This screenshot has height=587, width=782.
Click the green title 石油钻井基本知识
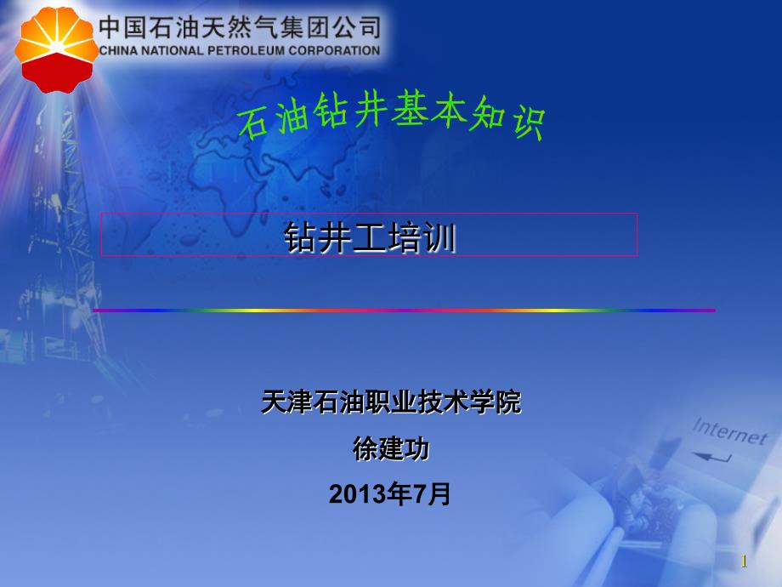point(389,119)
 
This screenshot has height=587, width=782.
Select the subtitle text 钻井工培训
point(370,238)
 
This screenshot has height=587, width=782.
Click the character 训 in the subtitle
point(439,238)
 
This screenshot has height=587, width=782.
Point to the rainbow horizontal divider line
point(404,311)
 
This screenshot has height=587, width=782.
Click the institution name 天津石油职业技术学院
point(391,402)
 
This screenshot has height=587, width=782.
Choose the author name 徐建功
point(391,448)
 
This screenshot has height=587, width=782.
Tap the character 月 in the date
point(440,494)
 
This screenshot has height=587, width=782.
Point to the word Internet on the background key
point(728,430)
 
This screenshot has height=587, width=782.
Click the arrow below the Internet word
point(712,457)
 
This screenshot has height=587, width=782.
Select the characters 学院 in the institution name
point(496,402)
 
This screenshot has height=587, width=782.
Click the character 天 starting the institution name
point(273,402)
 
